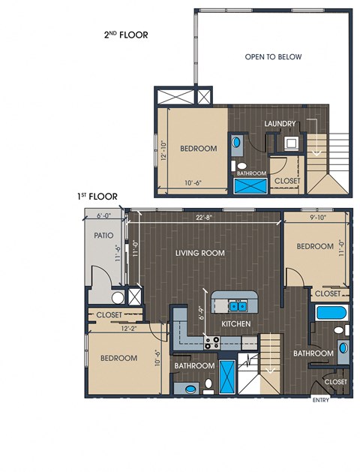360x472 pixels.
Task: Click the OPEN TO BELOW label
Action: [x=273, y=56]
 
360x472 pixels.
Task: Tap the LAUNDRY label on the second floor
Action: [x=280, y=123]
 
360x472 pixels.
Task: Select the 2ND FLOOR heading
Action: [x=126, y=35]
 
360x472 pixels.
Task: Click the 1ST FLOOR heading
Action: [x=97, y=197]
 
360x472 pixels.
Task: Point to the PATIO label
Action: [x=103, y=235]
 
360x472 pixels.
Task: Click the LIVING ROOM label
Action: [x=200, y=253]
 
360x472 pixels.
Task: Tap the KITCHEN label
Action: [x=236, y=323]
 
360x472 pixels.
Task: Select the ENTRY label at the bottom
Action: [x=321, y=400]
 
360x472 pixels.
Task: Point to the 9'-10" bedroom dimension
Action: [x=318, y=218]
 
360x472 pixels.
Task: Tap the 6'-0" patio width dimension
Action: [x=103, y=215]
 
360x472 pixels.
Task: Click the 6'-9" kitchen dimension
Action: [x=202, y=313]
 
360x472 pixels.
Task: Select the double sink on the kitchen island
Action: [x=238, y=306]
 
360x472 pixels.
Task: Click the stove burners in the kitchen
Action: [x=212, y=343]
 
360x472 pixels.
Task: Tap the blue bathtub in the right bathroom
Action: [x=331, y=313]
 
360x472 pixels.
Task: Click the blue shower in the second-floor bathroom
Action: [x=250, y=186]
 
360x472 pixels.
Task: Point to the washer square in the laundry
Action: [x=290, y=143]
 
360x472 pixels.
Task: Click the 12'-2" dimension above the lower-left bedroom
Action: [x=129, y=329]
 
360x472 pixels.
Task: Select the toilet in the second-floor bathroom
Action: [x=239, y=166]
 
